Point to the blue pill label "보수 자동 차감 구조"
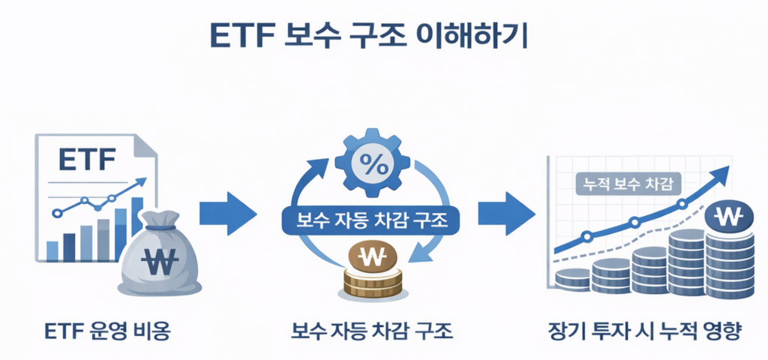coord(372,219)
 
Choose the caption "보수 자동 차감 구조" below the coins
coord(372,329)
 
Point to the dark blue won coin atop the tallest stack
coord(728,218)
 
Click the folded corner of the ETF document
coord(147,145)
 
